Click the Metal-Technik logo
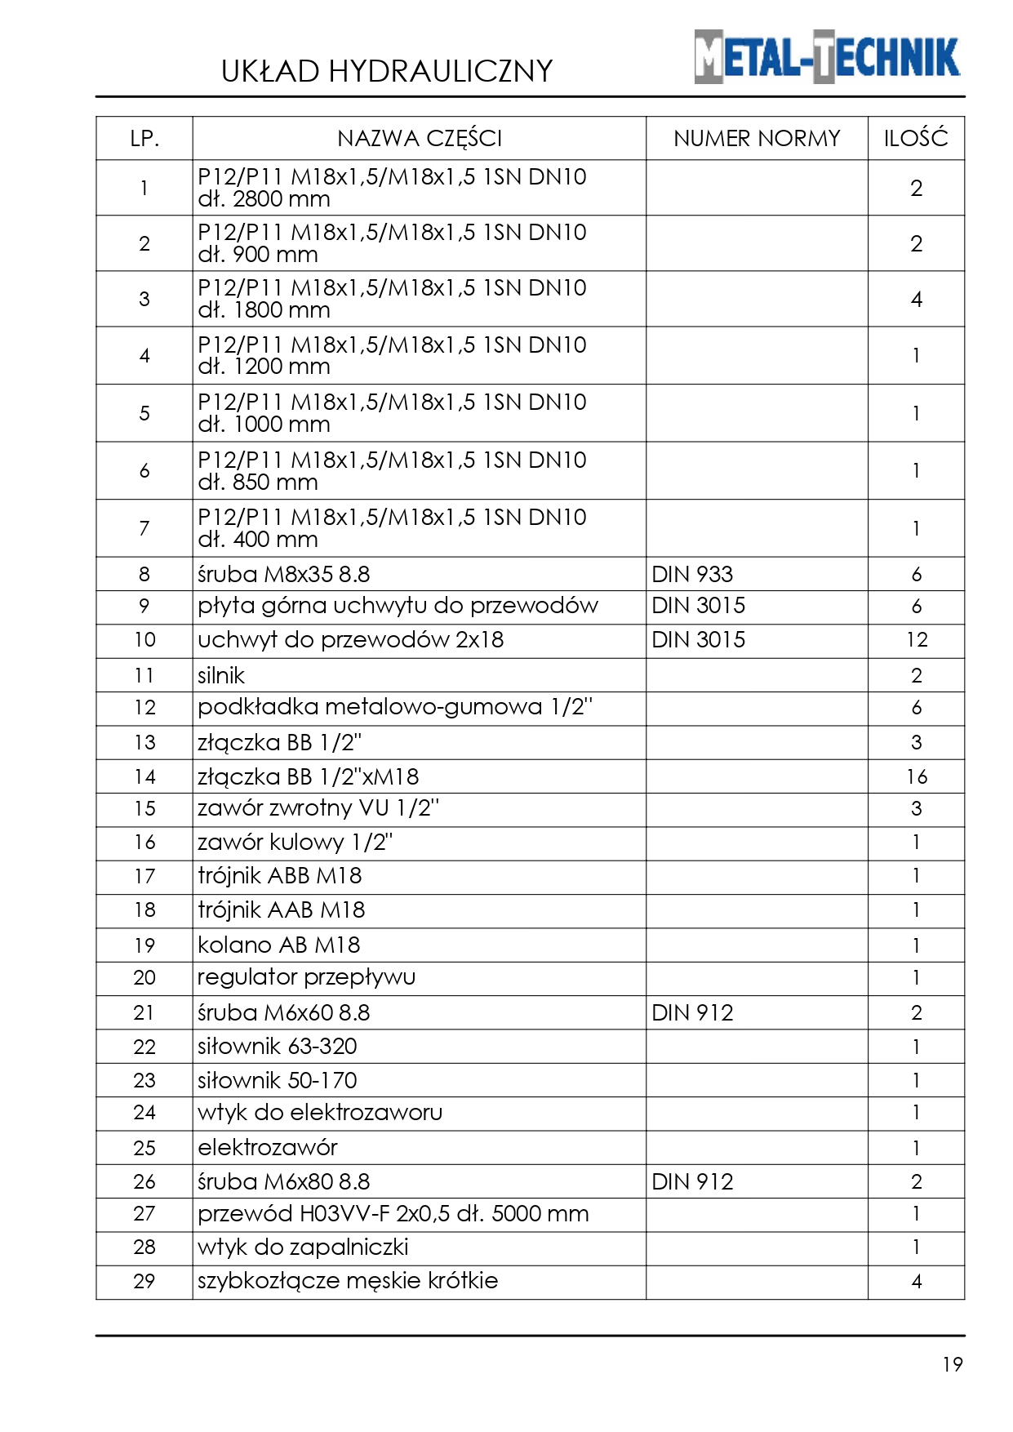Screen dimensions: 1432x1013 (x=826, y=57)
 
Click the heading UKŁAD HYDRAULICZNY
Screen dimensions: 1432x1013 (x=387, y=72)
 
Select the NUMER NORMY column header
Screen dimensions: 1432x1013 (x=757, y=139)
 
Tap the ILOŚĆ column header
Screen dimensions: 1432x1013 (x=916, y=139)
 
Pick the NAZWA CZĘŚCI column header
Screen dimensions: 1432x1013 (x=420, y=139)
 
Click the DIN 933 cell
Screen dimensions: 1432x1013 (x=692, y=575)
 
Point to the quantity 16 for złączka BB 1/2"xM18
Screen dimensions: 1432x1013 (x=917, y=776)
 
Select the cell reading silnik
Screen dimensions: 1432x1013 (x=221, y=676)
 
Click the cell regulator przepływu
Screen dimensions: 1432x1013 (x=306, y=977)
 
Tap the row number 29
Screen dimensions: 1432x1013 (x=144, y=1281)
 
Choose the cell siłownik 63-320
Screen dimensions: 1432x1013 (x=278, y=1047)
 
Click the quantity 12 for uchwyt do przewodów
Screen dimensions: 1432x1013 (x=917, y=640)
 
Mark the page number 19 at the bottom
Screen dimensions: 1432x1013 (x=953, y=1364)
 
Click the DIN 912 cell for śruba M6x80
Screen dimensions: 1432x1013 (x=692, y=1181)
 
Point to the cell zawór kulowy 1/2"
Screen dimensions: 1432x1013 (x=295, y=843)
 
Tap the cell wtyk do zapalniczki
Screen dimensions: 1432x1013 (x=303, y=1247)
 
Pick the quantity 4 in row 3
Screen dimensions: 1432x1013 (x=917, y=300)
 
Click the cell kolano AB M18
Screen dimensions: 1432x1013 (x=278, y=945)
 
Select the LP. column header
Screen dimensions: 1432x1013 (x=144, y=139)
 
